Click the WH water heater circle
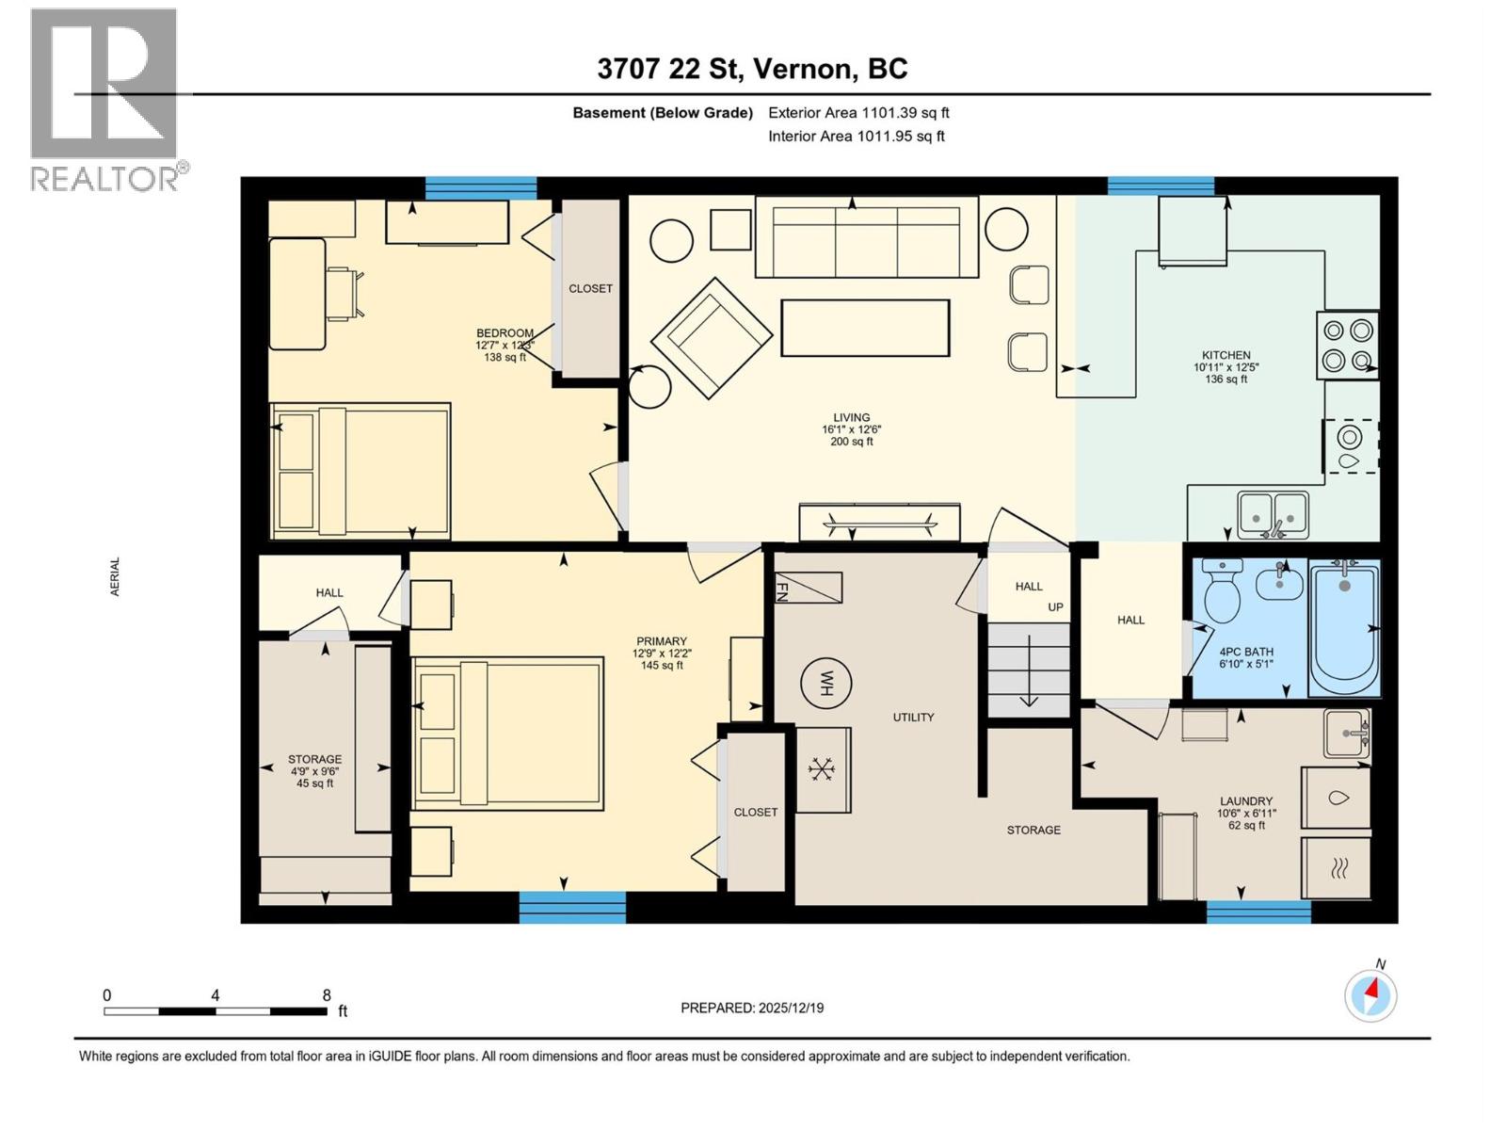825,683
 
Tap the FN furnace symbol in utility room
808,588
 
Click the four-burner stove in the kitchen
1348,345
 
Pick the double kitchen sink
1273,515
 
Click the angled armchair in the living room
712,337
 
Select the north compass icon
1370,994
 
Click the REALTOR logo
105,99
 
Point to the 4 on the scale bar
216,995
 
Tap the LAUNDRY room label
1246,801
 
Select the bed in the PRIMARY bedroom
507,734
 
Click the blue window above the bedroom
480,187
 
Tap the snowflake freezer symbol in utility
823,769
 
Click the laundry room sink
1346,734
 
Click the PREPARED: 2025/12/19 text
752,1008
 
